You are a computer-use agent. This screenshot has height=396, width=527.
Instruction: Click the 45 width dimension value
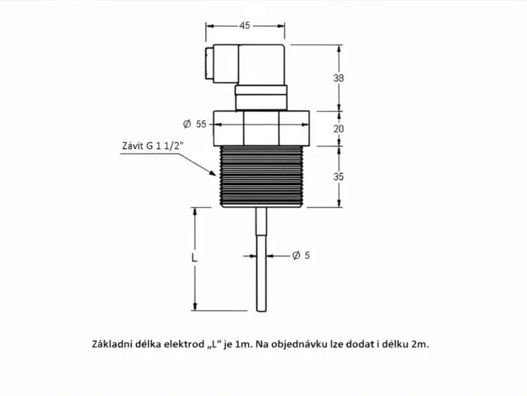pyautogui.click(x=245, y=26)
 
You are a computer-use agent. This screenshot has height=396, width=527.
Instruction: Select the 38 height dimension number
pyautogui.click(x=338, y=78)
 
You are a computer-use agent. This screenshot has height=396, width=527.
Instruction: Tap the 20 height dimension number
pyautogui.click(x=338, y=128)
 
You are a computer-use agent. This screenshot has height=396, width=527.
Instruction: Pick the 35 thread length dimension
pyautogui.click(x=338, y=177)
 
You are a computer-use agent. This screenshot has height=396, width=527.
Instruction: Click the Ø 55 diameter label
pyautogui.click(x=195, y=124)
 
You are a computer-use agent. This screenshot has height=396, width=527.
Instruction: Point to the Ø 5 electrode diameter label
pyautogui.click(x=301, y=255)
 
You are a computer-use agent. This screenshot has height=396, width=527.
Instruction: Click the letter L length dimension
pyautogui.click(x=194, y=258)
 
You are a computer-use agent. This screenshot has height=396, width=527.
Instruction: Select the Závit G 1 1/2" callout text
pyautogui.click(x=153, y=146)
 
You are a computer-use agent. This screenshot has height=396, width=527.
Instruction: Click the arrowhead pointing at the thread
pyautogui.click(x=212, y=173)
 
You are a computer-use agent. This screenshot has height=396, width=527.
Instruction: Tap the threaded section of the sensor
pyautogui.click(x=261, y=176)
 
